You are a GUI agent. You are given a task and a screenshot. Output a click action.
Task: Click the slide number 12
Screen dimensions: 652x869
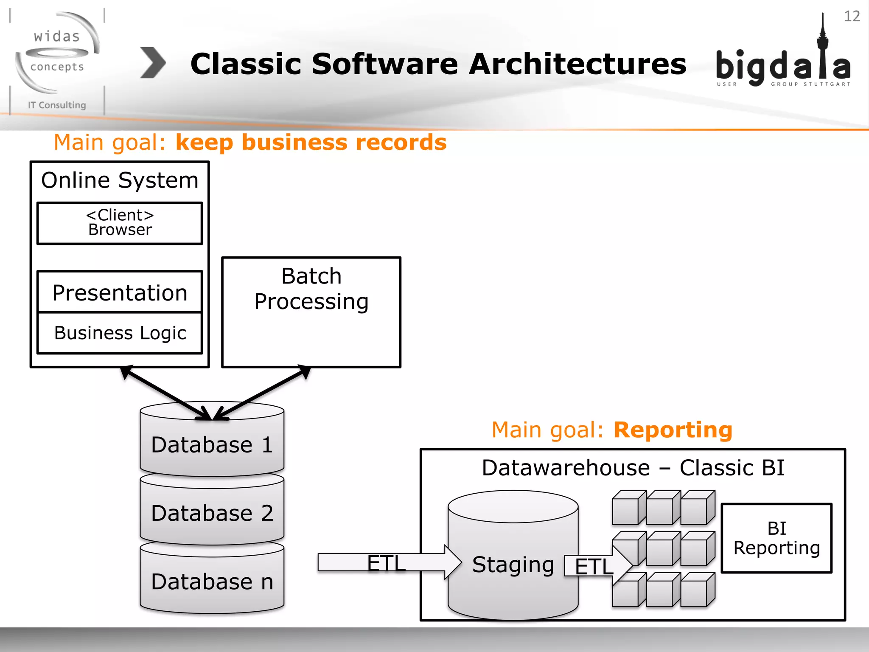pos(852,16)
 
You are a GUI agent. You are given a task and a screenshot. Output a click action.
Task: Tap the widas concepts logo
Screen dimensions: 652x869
pos(57,53)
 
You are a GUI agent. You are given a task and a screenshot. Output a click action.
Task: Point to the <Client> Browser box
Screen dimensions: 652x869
pos(120,223)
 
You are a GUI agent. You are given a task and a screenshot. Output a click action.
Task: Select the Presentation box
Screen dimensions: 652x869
pos(120,292)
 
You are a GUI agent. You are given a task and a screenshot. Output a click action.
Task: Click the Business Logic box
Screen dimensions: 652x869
pos(120,333)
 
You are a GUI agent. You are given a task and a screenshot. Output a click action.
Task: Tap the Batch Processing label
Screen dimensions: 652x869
pos(311,289)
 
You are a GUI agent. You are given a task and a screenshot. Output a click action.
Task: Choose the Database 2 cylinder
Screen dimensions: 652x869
pos(211,513)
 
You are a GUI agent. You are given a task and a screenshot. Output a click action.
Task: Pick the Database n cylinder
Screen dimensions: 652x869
pos(211,582)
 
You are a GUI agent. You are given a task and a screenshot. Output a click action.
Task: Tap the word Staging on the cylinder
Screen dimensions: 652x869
pos(513,565)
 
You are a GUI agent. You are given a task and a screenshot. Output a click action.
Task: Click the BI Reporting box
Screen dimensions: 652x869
pos(776,538)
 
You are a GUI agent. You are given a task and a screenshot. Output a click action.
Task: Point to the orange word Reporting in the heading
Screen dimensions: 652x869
pos(673,430)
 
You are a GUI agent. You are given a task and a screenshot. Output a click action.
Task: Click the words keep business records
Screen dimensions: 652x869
pos(311,142)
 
